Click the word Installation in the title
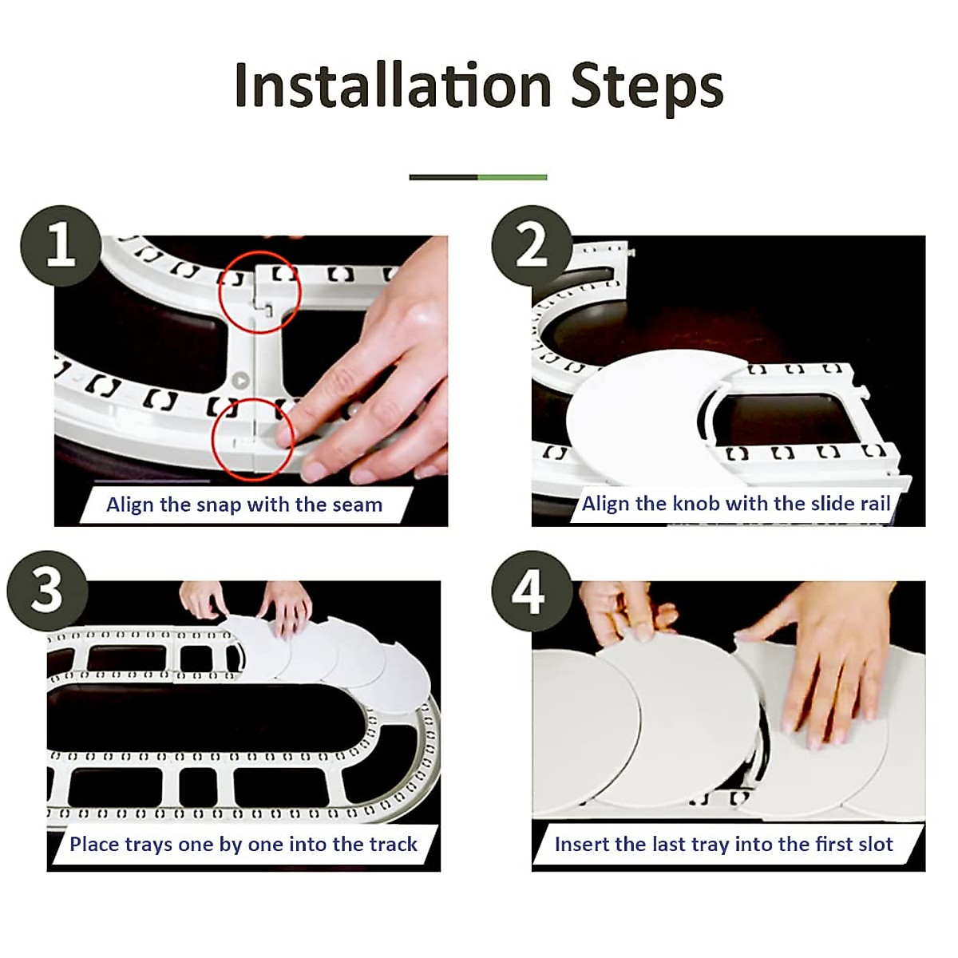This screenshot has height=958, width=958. [x=394, y=85]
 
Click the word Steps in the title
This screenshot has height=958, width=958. [x=647, y=89]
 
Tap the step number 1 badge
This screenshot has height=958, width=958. [x=61, y=246]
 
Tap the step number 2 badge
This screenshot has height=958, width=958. [x=532, y=246]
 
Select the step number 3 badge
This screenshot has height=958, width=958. [x=47, y=591]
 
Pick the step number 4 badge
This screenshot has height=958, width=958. [x=532, y=591]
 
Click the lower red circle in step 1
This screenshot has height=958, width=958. [x=252, y=439]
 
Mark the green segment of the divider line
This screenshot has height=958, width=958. [x=513, y=177]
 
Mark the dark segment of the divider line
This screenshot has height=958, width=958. [x=443, y=177]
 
